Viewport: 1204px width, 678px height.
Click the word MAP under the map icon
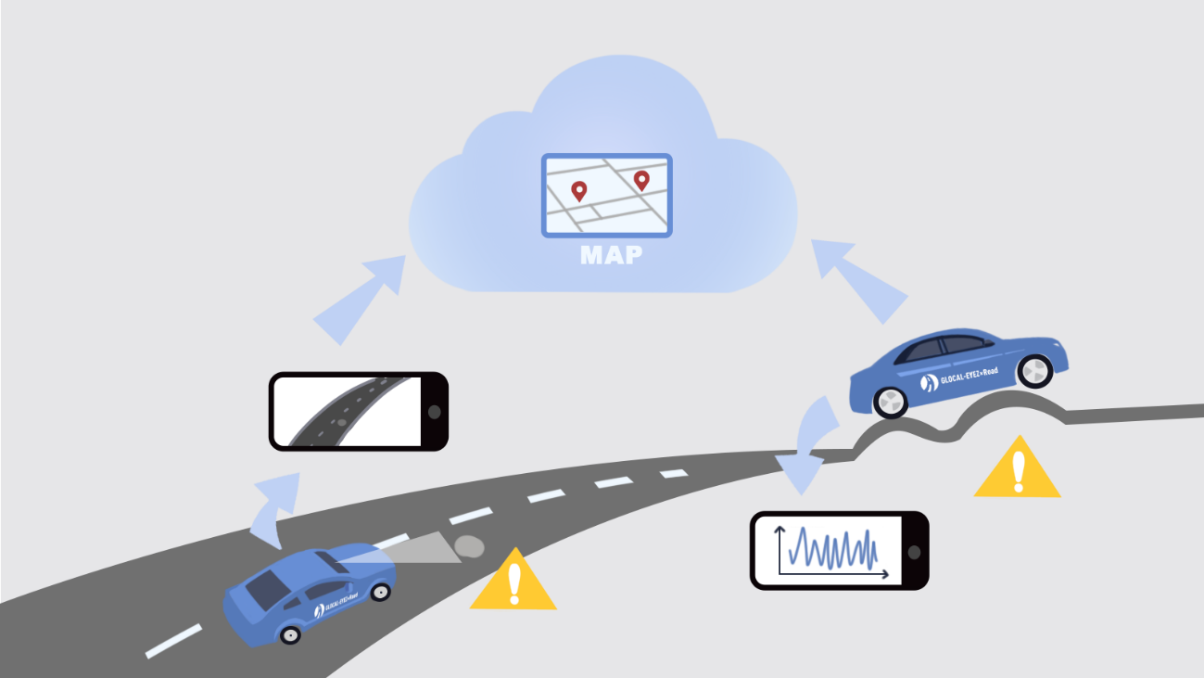611,255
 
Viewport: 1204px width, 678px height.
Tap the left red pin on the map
579,191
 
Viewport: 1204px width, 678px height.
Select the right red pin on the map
640,180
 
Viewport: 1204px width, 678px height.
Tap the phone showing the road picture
358,411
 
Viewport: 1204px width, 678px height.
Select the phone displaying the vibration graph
839,550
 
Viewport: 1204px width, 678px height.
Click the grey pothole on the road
468,546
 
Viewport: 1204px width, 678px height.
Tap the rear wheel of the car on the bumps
890,401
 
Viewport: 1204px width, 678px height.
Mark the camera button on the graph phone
915,551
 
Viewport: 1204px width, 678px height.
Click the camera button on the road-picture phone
434,411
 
